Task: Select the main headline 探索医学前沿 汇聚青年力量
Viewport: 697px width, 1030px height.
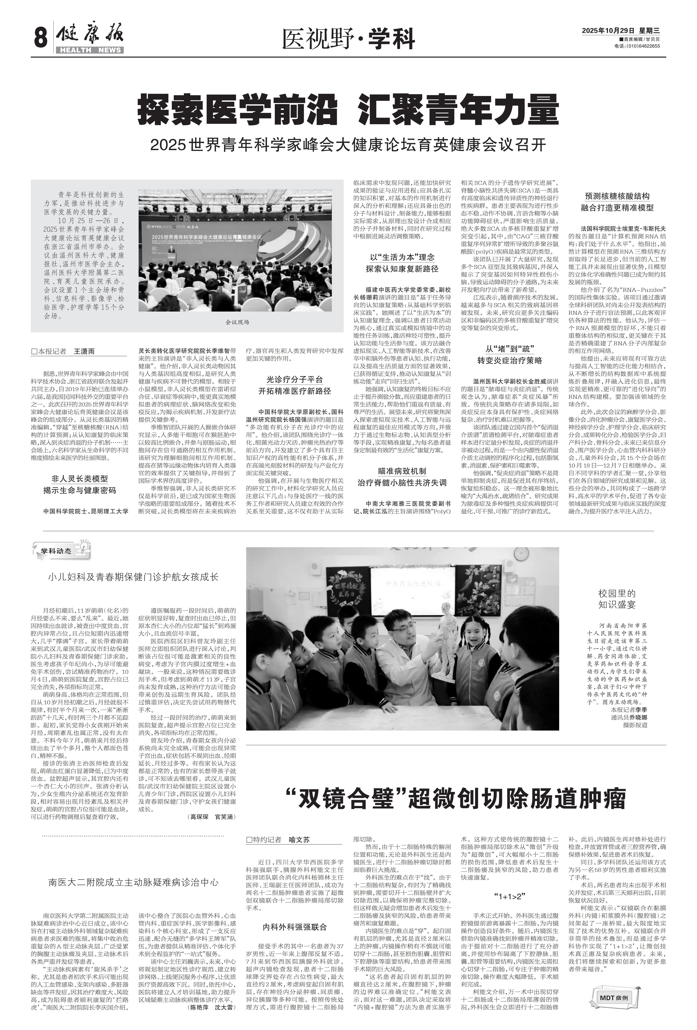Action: pyautogui.click(x=348, y=109)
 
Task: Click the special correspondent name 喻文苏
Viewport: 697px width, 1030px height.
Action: pyautogui.click(x=299, y=839)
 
